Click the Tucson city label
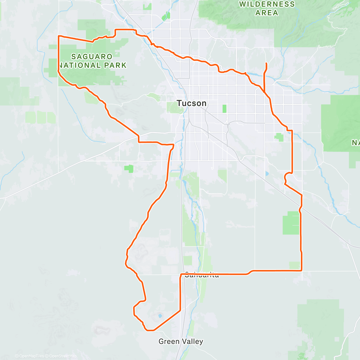(x=192, y=103)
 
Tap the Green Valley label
(x=181, y=341)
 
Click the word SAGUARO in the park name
(x=88, y=56)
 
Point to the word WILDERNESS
(x=267, y=4)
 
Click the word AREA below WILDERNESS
(x=267, y=13)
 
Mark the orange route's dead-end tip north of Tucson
(x=266, y=63)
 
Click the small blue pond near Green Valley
(x=160, y=316)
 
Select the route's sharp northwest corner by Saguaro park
(x=58, y=36)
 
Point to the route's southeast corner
(x=301, y=271)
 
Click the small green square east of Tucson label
(x=224, y=109)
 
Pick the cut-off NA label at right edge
(x=356, y=142)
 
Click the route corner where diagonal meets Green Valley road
(x=180, y=310)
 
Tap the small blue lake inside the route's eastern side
(x=267, y=173)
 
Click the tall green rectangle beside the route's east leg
(x=291, y=223)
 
